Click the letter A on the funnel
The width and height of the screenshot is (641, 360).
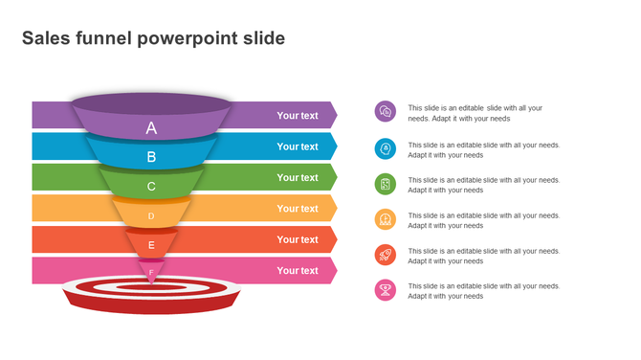click(x=151, y=128)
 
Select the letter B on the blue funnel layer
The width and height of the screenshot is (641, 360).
click(x=151, y=157)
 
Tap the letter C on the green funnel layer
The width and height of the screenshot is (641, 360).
click(x=151, y=187)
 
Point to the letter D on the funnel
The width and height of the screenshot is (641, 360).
click(x=151, y=216)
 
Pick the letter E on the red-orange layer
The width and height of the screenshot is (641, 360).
click(x=151, y=245)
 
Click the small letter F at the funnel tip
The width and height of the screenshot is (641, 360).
click(x=151, y=272)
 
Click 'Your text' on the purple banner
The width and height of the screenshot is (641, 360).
click(x=298, y=116)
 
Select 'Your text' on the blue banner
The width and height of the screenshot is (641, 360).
click(x=298, y=146)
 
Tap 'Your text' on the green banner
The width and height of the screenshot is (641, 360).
click(x=298, y=177)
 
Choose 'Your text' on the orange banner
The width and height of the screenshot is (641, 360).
click(x=298, y=209)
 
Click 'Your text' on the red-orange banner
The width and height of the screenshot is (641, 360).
click(x=298, y=239)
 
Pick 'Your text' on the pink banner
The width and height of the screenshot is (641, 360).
click(x=298, y=271)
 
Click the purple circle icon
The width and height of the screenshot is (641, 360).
click(x=386, y=112)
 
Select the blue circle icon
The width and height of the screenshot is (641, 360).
click(x=386, y=148)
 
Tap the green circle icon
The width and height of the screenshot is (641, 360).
click(x=386, y=184)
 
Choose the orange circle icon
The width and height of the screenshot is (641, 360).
click(x=386, y=219)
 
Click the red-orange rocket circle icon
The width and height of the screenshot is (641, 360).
click(x=386, y=255)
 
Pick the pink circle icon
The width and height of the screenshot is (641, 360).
click(x=386, y=290)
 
